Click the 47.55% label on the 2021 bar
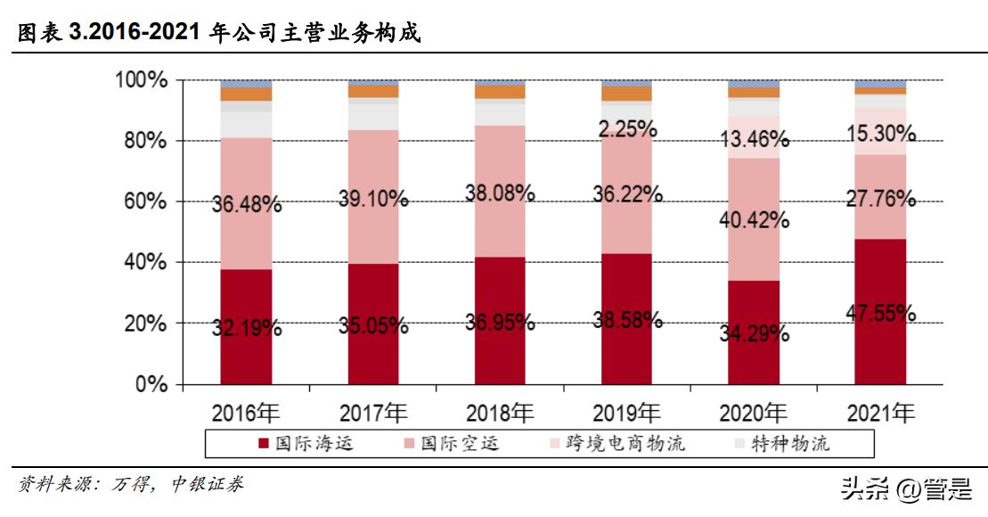tap(880, 312)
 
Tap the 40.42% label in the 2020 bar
tap(754, 219)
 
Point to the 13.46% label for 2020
tap(754, 139)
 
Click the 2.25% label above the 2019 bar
tap(627, 129)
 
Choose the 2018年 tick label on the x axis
tap(500, 413)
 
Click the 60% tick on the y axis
tap(142, 201)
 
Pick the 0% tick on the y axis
tap(149, 385)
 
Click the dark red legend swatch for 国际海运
tap(263, 443)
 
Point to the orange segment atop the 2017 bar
tap(373, 91)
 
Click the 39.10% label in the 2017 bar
tap(373, 200)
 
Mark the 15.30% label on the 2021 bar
tap(880, 134)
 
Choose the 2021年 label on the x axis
tap(880, 413)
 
